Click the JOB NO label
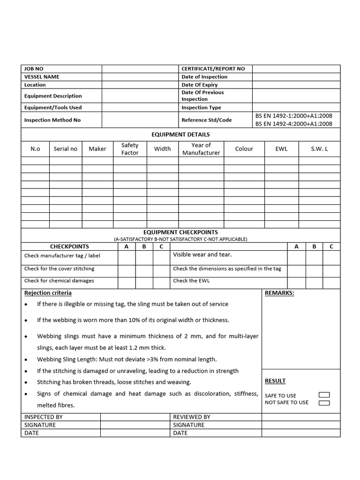pyautogui.click(x=34, y=69)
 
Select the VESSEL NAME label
pyautogui.click(x=42, y=77)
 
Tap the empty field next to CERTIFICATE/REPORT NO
pyautogui.click(x=296, y=69)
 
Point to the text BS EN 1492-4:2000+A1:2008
pyautogui.click(x=294, y=124)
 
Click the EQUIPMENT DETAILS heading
pyautogui.click(x=180, y=135)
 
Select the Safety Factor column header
pyautogui.click(x=130, y=149)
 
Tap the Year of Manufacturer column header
pyautogui.click(x=201, y=149)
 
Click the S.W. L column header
pyautogui.click(x=319, y=149)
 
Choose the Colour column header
pyautogui.click(x=244, y=149)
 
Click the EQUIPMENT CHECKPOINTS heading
pyautogui.click(x=180, y=232)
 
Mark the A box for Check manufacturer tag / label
pyautogui.click(x=127, y=258)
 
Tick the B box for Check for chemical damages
pyautogui.click(x=144, y=283)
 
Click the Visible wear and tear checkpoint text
pyautogui.click(x=202, y=255)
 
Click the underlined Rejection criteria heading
pyautogui.click(x=48, y=293)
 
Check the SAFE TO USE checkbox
pyautogui.click(x=324, y=395)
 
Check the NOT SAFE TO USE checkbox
pyautogui.click(x=324, y=403)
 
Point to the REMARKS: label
pyautogui.click(x=279, y=293)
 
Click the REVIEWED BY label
pyautogui.click(x=192, y=417)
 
